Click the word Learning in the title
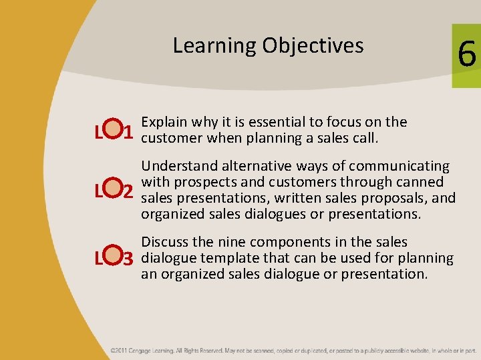[x=214, y=46]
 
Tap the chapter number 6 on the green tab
[x=466, y=54]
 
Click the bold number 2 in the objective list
[x=129, y=191]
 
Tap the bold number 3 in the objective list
[x=129, y=258]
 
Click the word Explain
[x=164, y=122]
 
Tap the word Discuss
[x=164, y=242]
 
